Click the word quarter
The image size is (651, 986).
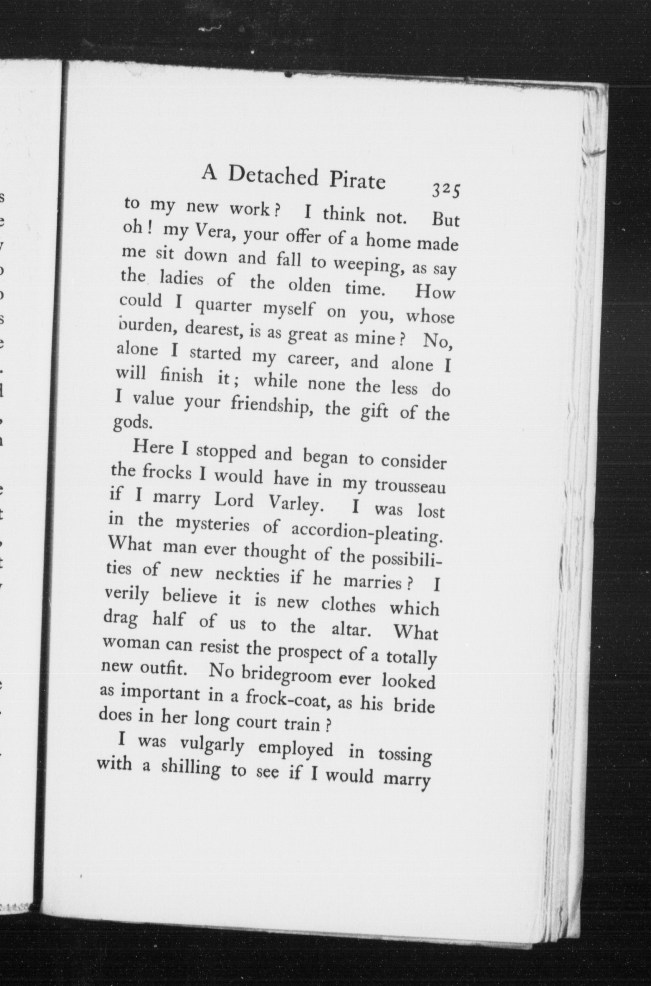(223, 307)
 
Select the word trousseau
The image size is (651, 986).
(410, 486)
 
